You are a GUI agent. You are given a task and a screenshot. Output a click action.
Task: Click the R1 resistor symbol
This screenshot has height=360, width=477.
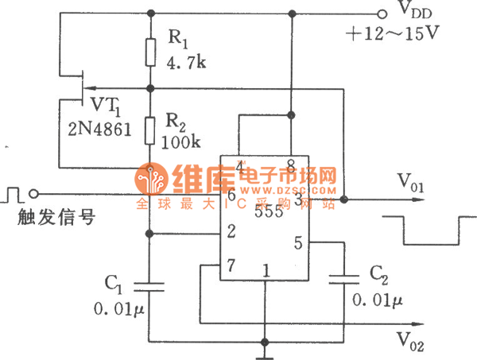coord(149,52)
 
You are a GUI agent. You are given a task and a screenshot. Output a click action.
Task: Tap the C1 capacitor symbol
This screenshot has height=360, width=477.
coord(149,285)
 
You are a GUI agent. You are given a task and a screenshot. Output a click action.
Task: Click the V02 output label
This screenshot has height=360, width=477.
coord(411,339)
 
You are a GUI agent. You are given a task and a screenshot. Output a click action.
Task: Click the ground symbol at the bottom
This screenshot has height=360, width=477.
coord(263,350)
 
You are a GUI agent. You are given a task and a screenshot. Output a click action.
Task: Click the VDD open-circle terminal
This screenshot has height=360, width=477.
coord(381,14)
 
